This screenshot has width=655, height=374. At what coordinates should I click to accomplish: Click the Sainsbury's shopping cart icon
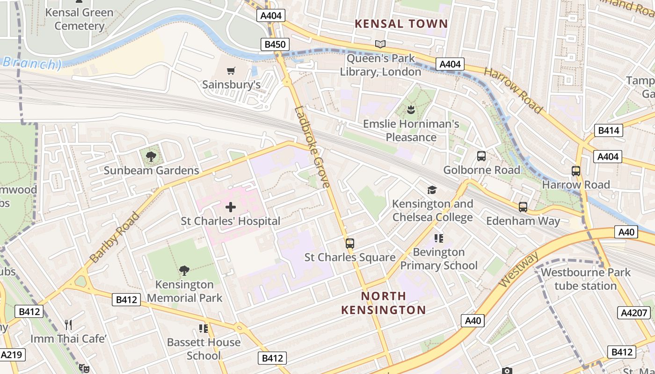pos(231,71)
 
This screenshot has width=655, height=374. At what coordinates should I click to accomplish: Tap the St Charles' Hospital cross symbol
pos(231,207)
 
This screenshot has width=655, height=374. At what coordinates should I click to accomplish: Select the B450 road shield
pos(275,45)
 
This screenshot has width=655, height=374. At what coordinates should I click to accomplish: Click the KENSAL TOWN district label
pos(401,23)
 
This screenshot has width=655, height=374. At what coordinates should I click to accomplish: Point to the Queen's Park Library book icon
pos(380,44)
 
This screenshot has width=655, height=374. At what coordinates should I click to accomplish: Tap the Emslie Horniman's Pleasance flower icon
pos(411,110)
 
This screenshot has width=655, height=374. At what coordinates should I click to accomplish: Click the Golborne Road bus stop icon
pos(481,156)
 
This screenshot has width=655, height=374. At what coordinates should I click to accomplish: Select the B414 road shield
pos(609,130)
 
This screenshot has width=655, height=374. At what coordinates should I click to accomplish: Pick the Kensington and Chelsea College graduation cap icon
pos(432,190)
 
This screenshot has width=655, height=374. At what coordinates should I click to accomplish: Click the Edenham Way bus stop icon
pos(523,207)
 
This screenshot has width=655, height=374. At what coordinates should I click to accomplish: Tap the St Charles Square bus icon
pos(349,244)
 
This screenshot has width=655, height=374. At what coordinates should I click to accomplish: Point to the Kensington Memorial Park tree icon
pos(184,270)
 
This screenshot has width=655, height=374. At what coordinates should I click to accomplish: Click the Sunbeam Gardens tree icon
pos(151,156)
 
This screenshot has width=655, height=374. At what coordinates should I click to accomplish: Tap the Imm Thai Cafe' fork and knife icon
pos(68,324)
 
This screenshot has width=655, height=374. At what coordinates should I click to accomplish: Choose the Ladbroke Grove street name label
pos(312,147)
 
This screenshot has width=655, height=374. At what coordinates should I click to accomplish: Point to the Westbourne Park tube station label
pos(585,279)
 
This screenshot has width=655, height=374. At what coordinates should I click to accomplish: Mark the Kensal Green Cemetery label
pos(79,19)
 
